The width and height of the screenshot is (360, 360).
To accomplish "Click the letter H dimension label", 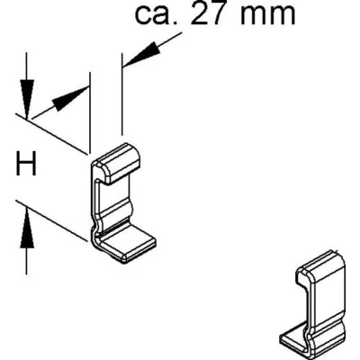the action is (26, 164).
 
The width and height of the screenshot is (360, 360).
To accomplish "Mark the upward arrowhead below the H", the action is (27, 228).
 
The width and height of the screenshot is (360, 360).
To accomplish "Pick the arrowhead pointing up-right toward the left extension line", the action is (70, 98).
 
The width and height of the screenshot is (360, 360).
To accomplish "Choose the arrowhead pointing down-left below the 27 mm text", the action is (141, 54).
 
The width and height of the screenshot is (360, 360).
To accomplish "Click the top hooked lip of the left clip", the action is (119, 163).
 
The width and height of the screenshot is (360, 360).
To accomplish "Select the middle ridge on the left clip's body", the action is (115, 210).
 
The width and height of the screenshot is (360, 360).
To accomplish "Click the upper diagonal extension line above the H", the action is (51, 134).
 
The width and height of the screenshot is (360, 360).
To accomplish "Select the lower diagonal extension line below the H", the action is (51, 220).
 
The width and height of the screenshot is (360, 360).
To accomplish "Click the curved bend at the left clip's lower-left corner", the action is (94, 236).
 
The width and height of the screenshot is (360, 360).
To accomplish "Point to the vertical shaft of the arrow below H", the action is (27, 261).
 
